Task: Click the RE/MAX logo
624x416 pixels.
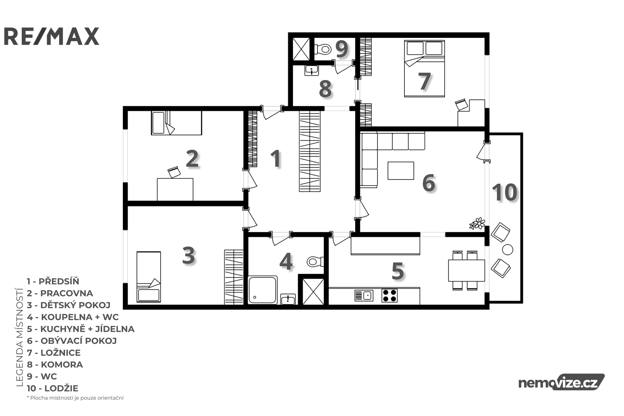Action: (x=51, y=36)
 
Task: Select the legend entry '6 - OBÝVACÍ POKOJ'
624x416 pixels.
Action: (x=72, y=341)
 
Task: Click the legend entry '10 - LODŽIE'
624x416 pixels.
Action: (x=52, y=388)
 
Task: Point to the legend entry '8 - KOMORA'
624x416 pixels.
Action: (x=55, y=364)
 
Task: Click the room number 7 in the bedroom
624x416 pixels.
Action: (x=425, y=82)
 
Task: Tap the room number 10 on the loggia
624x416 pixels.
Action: (x=505, y=192)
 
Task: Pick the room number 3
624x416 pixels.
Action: (x=189, y=255)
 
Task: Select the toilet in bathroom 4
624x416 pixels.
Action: (x=316, y=261)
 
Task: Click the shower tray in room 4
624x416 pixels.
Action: (x=262, y=290)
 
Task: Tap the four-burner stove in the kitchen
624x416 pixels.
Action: (x=390, y=295)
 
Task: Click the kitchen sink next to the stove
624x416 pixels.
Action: (x=364, y=295)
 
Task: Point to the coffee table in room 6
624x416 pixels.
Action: (x=401, y=171)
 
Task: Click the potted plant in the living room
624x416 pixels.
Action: (x=477, y=224)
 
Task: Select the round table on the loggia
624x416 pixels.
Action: (x=507, y=249)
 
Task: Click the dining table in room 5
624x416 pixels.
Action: (x=466, y=270)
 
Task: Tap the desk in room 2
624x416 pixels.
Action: (x=175, y=189)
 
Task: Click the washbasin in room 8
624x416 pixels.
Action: (x=312, y=70)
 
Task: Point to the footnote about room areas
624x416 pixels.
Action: (x=75, y=398)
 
